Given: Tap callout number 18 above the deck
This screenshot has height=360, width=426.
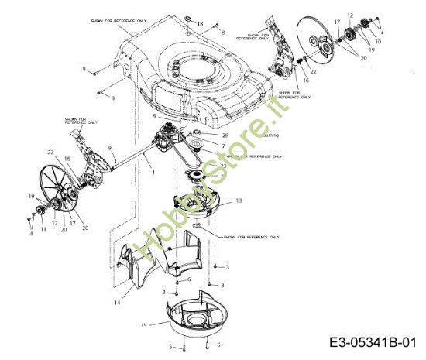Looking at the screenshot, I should (200, 25).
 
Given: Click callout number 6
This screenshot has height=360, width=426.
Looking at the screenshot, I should (189, 278).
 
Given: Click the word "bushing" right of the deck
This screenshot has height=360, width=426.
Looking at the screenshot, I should (271, 135).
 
